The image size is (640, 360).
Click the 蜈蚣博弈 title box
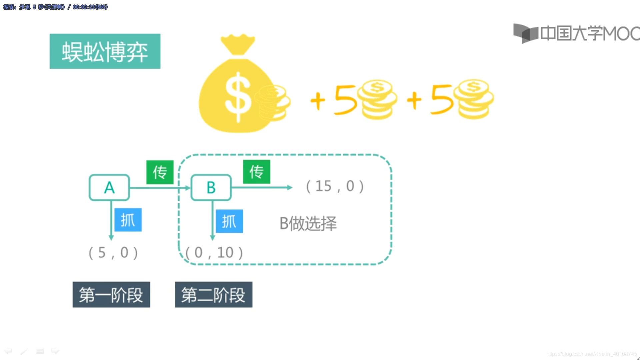[x=105, y=51]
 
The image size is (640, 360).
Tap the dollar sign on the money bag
[x=238, y=96]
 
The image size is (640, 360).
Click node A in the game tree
[x=109, y=187]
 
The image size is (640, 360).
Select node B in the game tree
[x=211, y=187]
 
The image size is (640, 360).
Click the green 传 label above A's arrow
[x=160, y=172]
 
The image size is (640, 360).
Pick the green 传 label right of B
[x=256, y=172]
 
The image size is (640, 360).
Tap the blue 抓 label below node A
[x=128, y=220]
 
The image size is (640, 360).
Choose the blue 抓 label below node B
[x=229, y=221]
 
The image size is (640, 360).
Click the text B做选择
[x=308, y=223]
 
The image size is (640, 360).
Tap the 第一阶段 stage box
[x=111, y=295]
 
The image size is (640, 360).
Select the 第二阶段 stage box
[x=214, y=295]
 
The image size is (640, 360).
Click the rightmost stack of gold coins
[x=475, y=99]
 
